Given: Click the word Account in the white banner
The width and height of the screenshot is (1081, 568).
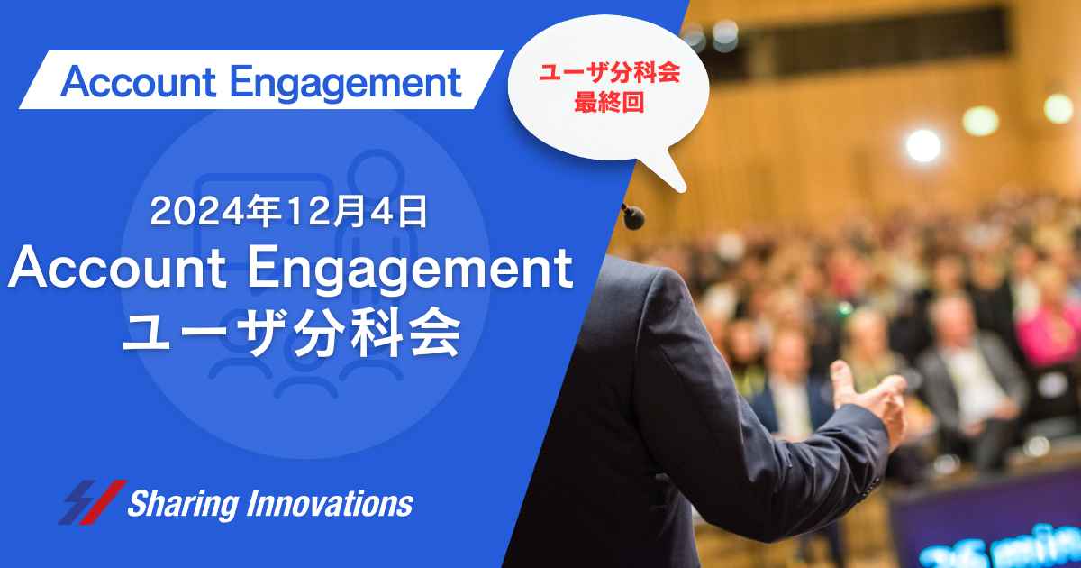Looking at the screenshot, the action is (139, 82).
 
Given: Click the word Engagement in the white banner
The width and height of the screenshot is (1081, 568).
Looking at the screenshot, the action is (346, 84).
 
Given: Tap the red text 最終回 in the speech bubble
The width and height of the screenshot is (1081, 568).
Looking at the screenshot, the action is (609, 103).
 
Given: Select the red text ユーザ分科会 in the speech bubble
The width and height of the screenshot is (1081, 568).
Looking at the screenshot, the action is (610, 72).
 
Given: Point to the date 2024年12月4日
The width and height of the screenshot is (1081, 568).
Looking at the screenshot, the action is (288, 212).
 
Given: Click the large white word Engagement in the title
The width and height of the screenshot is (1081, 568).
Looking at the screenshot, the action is (410, 270).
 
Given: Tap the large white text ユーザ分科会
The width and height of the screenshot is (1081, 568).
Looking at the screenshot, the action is (291, 333).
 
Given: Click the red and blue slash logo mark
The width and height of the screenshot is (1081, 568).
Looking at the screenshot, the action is (93, 502).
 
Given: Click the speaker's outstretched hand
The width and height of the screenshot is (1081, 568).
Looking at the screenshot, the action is (868, 396).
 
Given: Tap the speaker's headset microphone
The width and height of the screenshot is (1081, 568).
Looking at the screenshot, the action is (633, 216).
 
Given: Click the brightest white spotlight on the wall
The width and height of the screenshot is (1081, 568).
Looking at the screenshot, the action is (923, 145).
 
